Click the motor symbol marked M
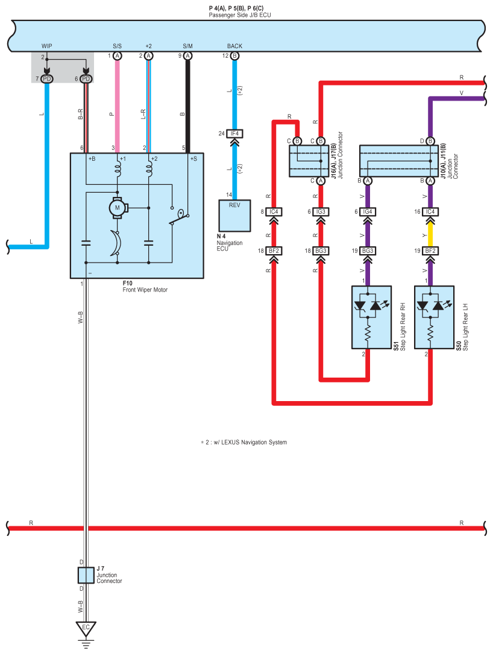coord(118,207)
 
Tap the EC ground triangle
coord(86,628)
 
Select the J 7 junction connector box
coord(86,575)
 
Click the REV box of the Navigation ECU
coord(234,216)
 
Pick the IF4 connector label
coord(234,134)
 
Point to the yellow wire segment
coord(430,235)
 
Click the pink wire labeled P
coord(118,107)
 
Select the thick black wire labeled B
coord(188,107)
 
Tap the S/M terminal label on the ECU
coord(188,46)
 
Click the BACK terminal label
coord(234,46)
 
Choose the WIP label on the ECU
coord(47,46)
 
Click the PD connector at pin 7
coord(47,79)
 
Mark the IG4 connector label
coord(368,211)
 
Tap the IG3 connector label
coord(321,211)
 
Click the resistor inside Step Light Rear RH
coord(368,333)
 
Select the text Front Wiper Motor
coord(145,290)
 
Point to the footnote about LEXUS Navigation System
coord(243,442)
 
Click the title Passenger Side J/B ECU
coord(240,15)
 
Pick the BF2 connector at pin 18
coord(274,251)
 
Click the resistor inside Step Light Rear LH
coord(430,333)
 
